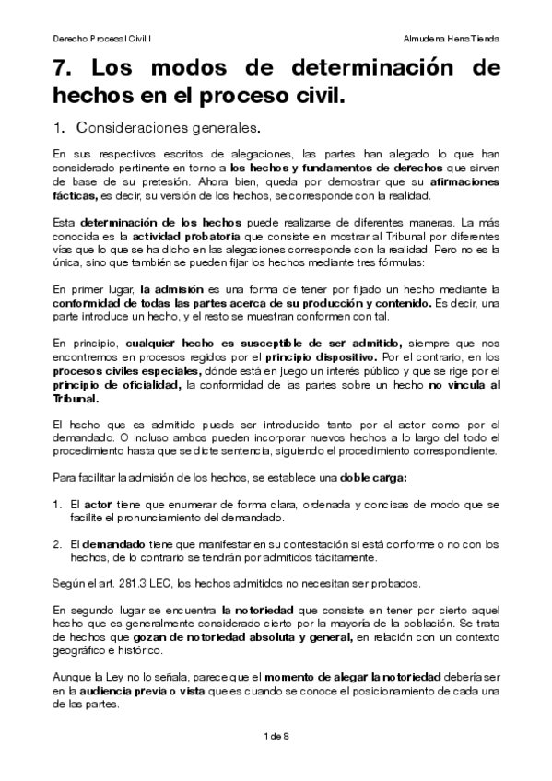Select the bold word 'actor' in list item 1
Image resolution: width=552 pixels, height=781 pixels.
tap(98, 505)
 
